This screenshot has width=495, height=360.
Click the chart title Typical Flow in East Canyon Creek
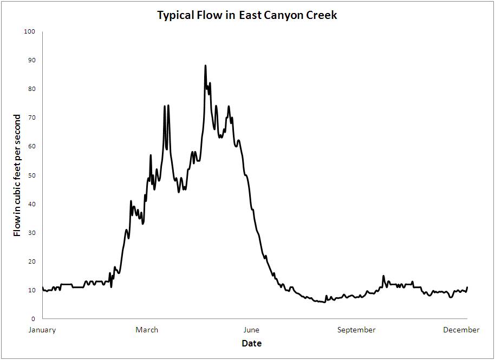[247, 15]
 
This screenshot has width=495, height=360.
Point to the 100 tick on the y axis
[30, 31]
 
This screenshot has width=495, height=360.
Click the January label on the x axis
[42, 330]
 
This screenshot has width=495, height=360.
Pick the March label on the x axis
[147, 330]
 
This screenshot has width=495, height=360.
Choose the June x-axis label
[252, 330]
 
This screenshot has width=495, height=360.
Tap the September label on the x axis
[356, 330]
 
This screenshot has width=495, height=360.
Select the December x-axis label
[461, 330]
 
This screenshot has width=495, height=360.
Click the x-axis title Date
[252, 343]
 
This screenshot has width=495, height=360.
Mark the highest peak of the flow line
[205, 66]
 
